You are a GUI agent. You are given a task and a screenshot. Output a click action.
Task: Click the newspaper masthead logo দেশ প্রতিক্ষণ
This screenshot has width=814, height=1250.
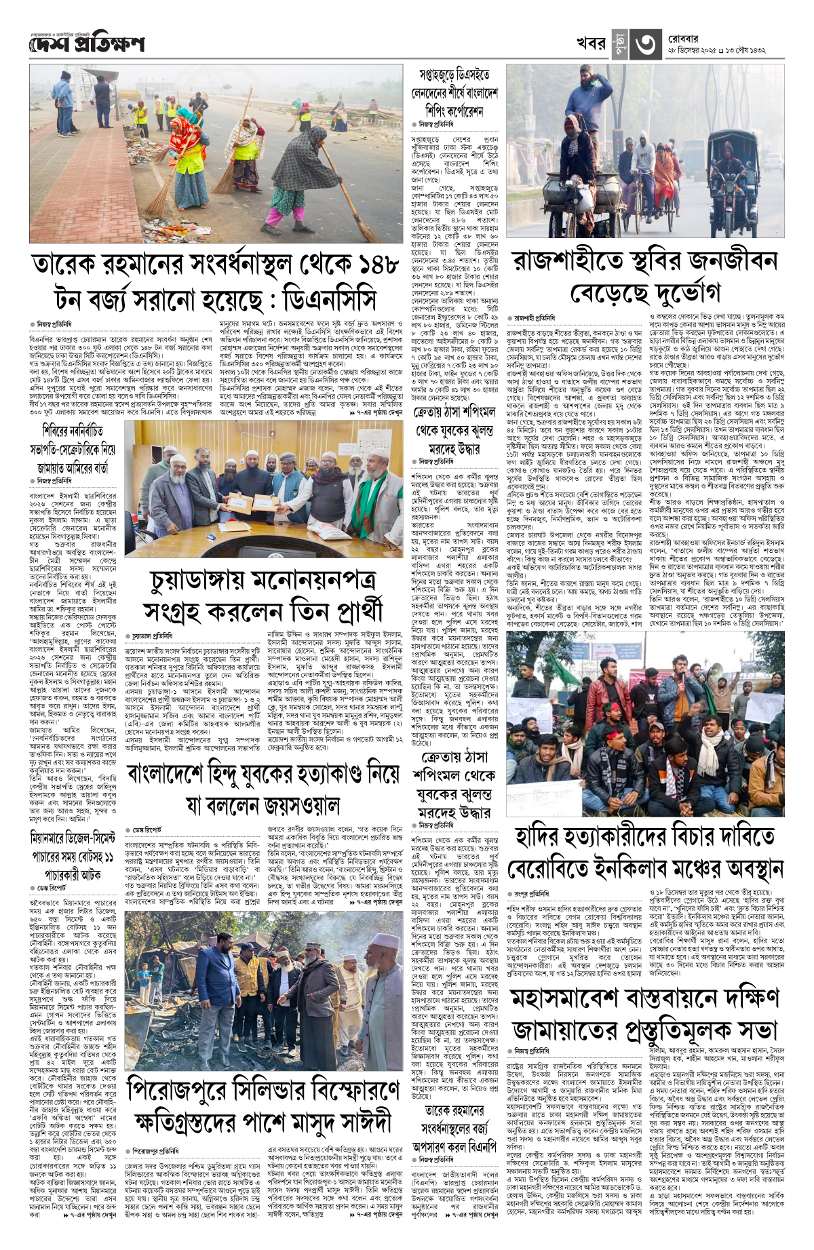click(x=87, y=44)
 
